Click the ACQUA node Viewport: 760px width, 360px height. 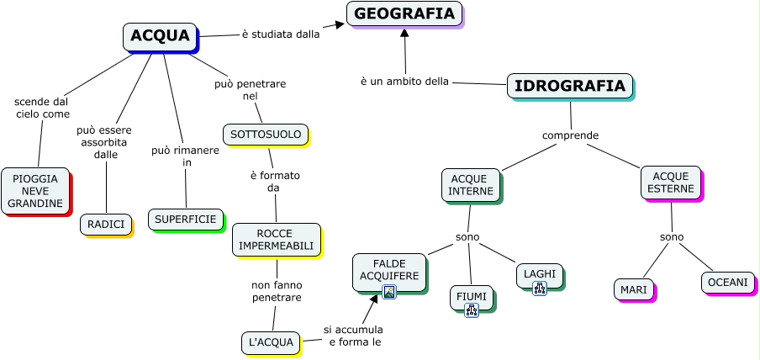click(x=160, y=36)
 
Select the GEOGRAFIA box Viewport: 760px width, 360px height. click(x=404, y=13)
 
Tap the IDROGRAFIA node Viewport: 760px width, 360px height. click(x=569, y=86)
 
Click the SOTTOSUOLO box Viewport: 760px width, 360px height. click(x=265, y=135)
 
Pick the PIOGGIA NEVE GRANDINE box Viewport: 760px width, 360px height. click(x=35, y=192)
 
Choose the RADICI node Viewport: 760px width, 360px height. click(x=106, y=225)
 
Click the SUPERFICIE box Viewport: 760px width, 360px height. click(x=185, y=220)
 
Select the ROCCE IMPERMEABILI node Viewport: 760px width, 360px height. click(x=276, y=240)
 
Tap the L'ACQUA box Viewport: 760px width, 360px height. click(x=271, y=342)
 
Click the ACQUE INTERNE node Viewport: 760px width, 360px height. click(x=471, y=185)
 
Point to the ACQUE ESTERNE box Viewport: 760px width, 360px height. click(x=671, y=183)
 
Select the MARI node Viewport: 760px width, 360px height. click(x=633, y=290)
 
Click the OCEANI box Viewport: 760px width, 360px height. click(x=727, y=283)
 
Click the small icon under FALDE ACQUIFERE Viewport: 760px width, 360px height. click(x=389, y=292)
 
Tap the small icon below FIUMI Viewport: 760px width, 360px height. click(x=472, y=310)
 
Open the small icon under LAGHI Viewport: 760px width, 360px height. click(x=540, y=289)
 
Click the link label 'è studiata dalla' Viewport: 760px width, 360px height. click(x=281, y=34)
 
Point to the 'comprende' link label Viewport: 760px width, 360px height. click(x=570, y=135)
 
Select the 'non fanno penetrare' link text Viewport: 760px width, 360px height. click(x=277, y=291)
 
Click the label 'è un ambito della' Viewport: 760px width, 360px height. click(x=404, y=82)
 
